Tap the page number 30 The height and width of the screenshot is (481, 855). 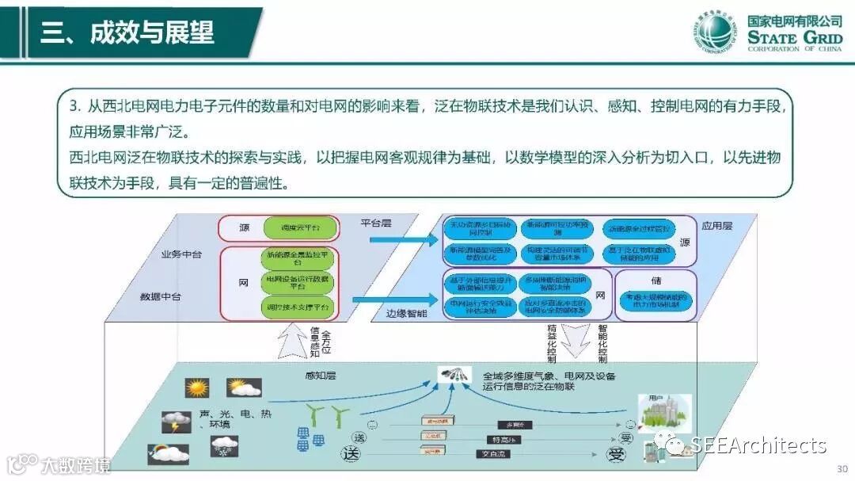tap(842, 468)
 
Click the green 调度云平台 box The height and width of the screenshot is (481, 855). tap(300, 228)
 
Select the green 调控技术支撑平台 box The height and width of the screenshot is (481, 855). tap(300, 306)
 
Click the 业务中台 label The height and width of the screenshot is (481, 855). tap(181, 254)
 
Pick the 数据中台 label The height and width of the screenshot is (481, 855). tap(161, 296)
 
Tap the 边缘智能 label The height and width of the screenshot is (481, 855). tap(408, 314)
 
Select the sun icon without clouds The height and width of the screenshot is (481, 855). tap(196, 388)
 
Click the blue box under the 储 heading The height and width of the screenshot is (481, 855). tap(656, 300)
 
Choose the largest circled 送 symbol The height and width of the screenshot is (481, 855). tap(351, 454)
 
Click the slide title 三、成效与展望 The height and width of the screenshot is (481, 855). tap(127, 32)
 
